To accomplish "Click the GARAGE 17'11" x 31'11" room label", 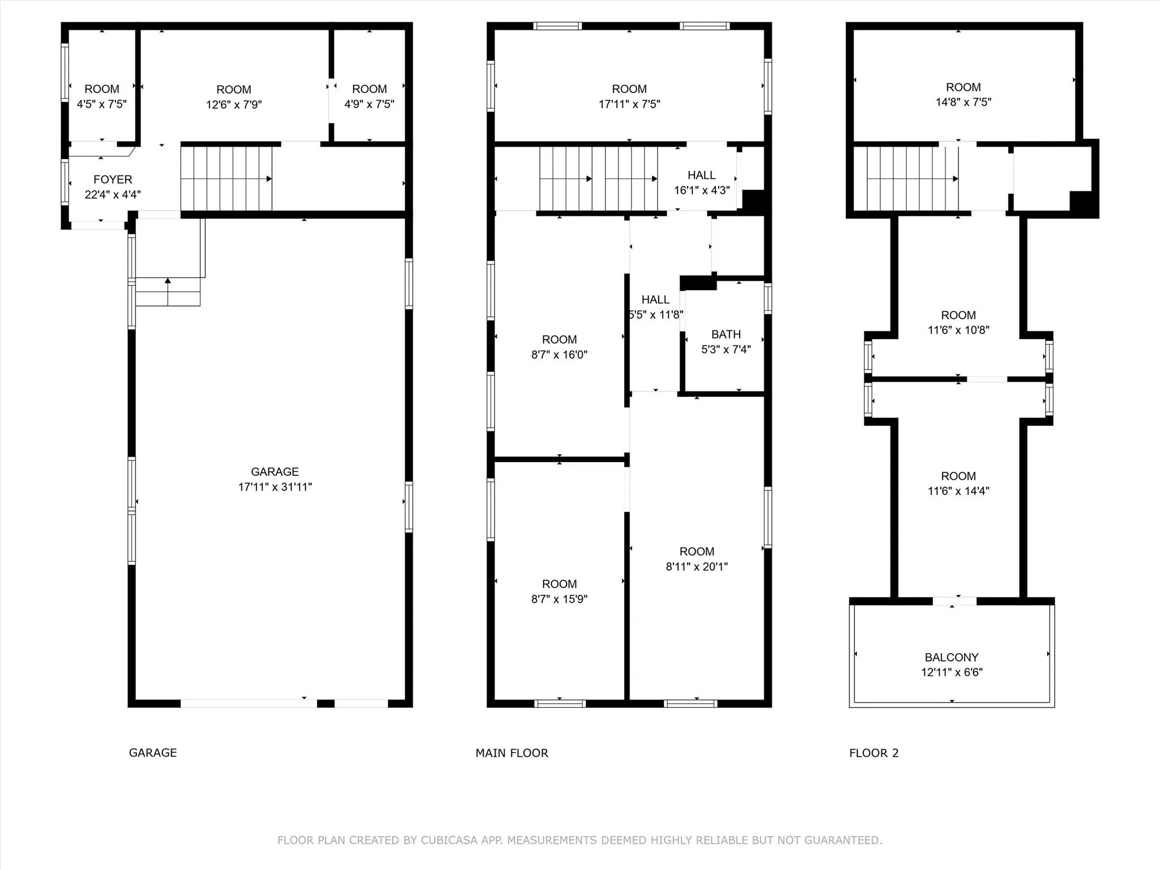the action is click(x=275, y=479).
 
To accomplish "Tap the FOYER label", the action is click(x=113, y=180).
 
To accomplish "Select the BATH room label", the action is click(x=726, y=335).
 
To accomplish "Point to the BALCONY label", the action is click(x=952, y=658).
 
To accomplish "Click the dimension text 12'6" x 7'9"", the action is click(x=234, y=105).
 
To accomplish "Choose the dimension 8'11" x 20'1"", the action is click(x=697, y=566).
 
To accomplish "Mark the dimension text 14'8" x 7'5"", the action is click(x=963, y=103).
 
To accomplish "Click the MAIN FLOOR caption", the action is click(x=512, y=753).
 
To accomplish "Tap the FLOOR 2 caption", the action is click(x=874, y=753).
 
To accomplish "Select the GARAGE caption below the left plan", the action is click(x=153, y=753).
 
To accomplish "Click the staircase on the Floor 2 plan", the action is click(x=912, y=179).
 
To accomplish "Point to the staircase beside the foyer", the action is click(x=227, y=179).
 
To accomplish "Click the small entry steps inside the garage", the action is click(x=168, y=291).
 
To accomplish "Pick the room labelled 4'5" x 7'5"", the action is click(x=102, y=85).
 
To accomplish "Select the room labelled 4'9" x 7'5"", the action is click(x=369, y=85).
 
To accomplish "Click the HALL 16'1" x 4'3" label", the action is click(x=702, y=183).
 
